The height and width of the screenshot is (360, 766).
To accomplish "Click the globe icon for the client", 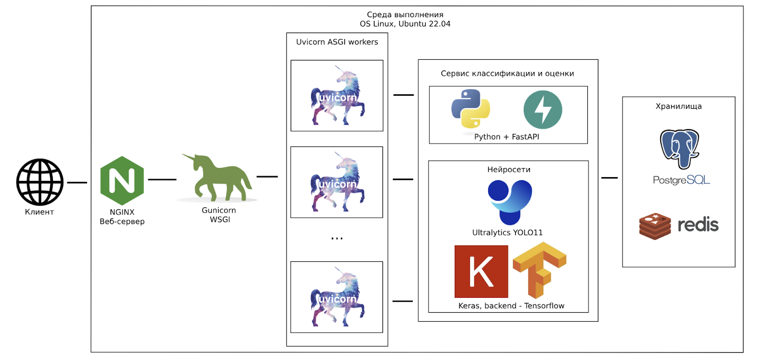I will point(40,182).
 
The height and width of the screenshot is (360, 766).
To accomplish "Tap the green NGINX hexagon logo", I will point(122,180).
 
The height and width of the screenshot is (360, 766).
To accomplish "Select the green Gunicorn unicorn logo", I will point(218,178).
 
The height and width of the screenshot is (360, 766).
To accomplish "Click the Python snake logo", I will point(471,109).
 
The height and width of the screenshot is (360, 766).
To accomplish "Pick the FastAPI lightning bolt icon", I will point(542,110).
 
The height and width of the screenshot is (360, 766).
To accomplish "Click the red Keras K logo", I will point(481,271).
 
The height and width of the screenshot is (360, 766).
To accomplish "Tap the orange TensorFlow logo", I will point(540,270).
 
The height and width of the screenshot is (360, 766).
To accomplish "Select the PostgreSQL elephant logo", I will point(679,148).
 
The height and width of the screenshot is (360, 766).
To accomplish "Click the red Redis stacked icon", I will point(655,226).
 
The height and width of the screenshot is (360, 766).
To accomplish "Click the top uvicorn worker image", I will point(337,96).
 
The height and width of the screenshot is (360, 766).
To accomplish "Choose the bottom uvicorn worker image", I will point(337,297).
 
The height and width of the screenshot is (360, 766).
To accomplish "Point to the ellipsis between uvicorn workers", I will point(337,238).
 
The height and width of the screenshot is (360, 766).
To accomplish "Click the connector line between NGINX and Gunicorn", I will point(162,180).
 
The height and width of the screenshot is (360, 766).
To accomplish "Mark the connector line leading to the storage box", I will point(609,178).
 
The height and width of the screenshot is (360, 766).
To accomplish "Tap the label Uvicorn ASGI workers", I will point(337,42).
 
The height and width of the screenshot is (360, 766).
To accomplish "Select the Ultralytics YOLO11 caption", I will point(507,233).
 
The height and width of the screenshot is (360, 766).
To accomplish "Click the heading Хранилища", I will point(678,106).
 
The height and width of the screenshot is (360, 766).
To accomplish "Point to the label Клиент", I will point(39,212).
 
